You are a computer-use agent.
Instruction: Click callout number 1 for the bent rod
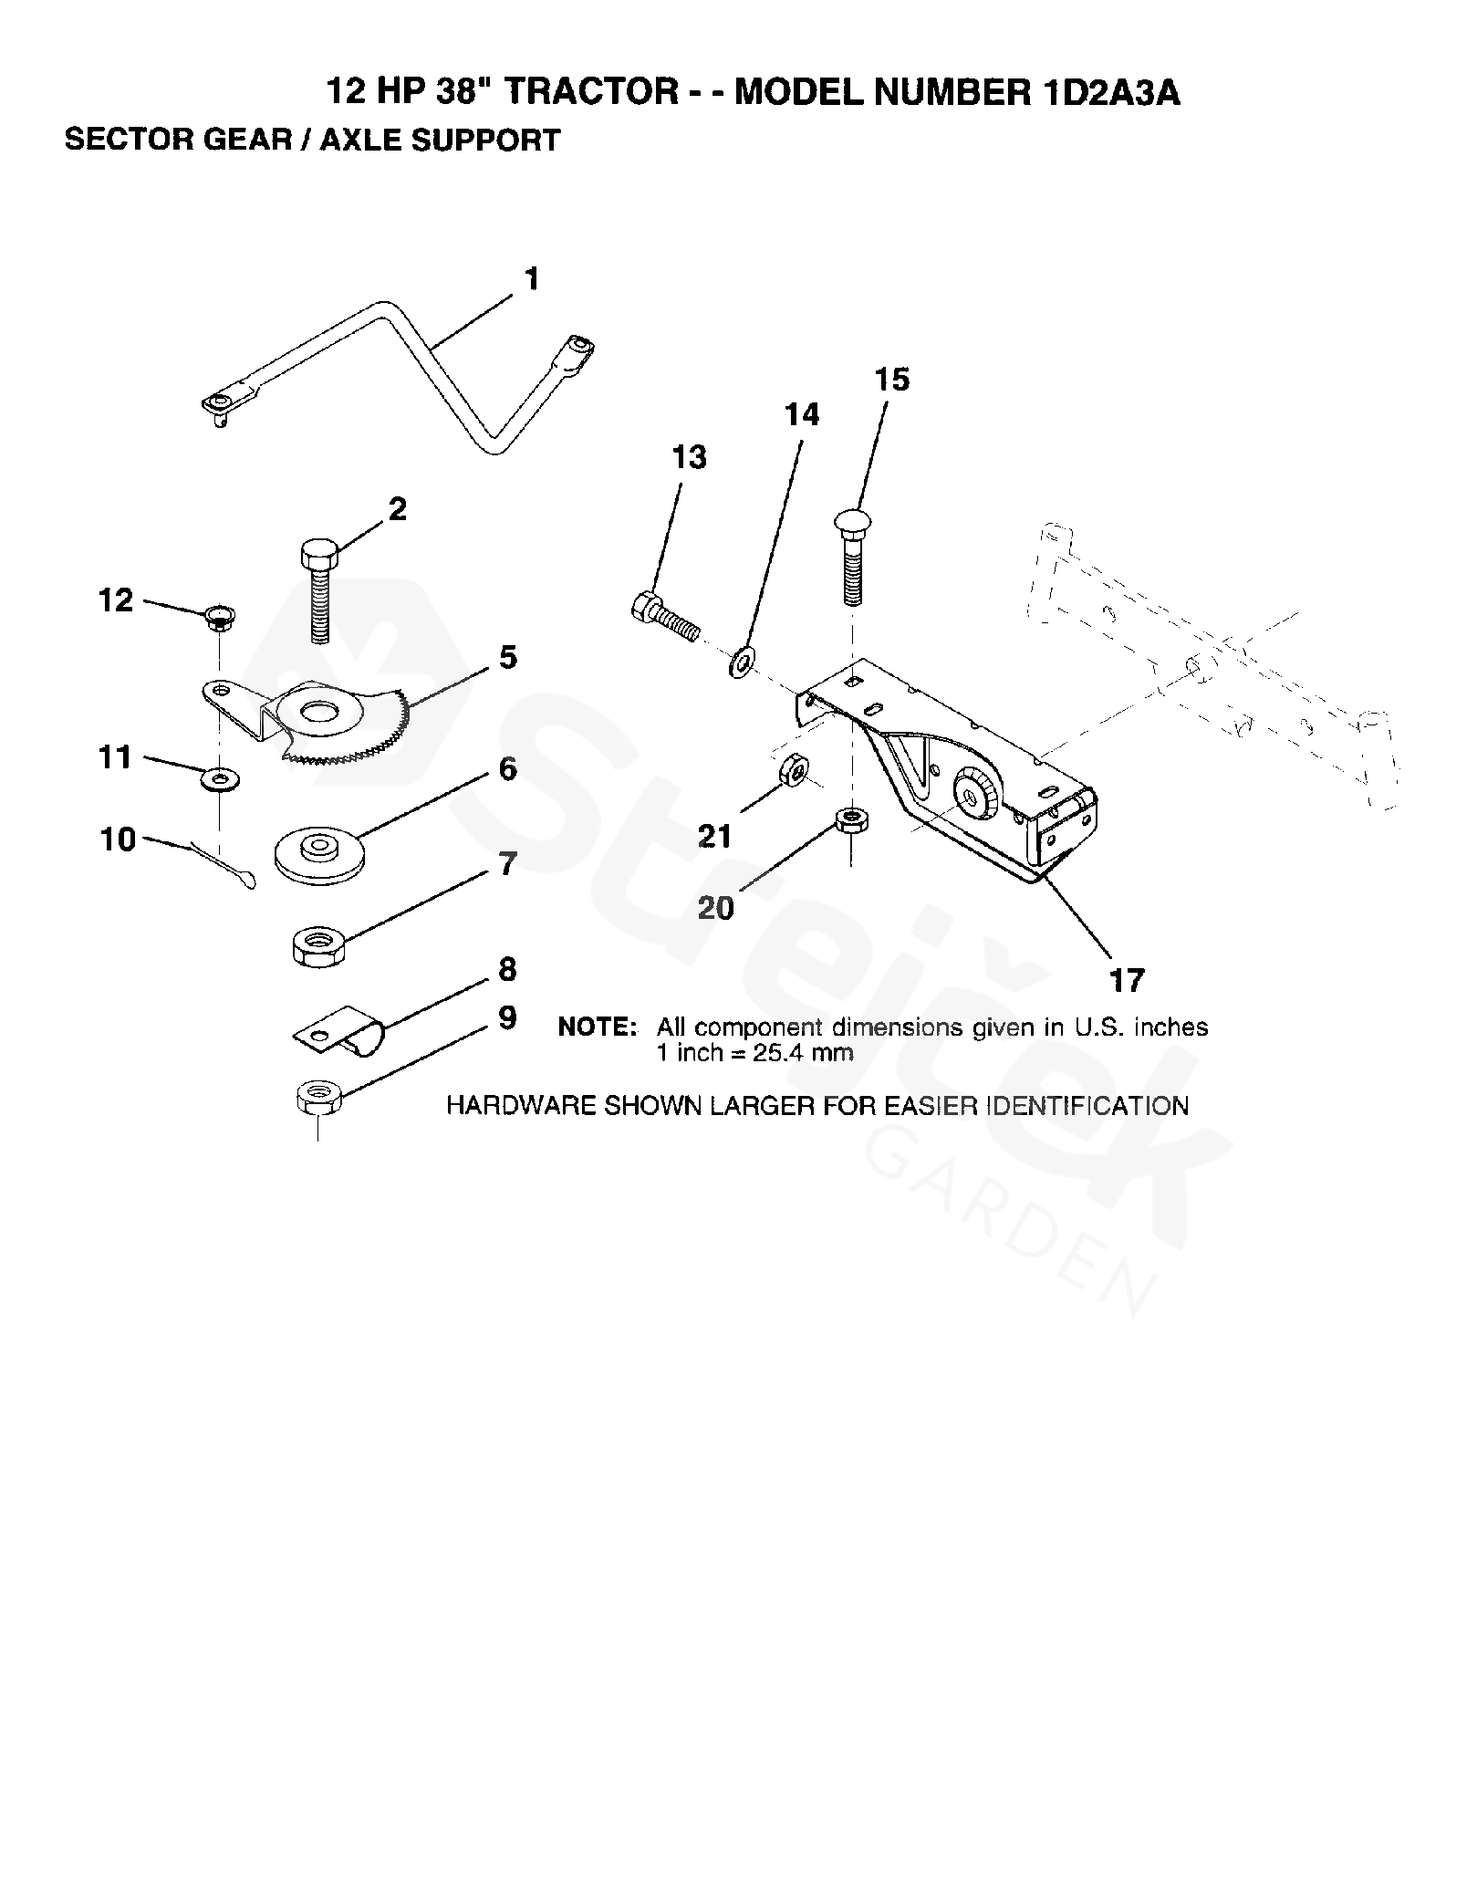[x=532, y=278]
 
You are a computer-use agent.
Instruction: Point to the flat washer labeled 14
[x=741, y=662]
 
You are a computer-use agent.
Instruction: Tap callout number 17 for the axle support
[x=1127, y=981]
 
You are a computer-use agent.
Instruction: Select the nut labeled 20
[x=850, y=818]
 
